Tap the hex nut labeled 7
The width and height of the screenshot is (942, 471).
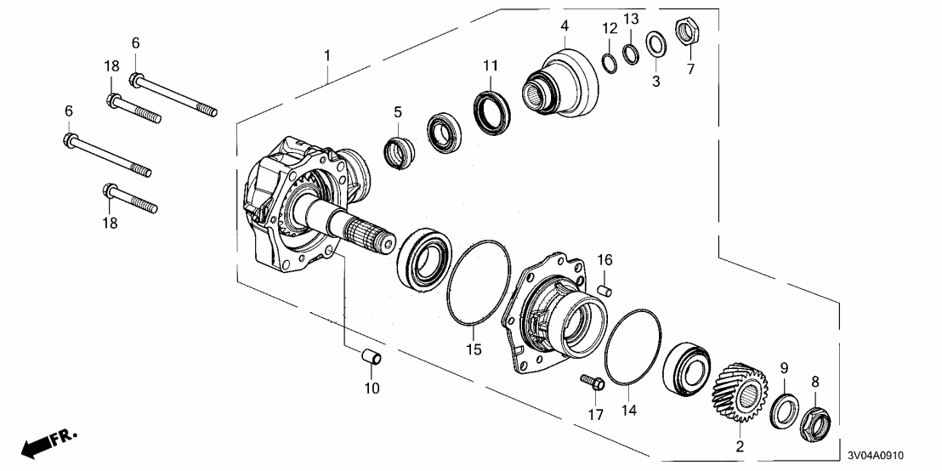click(686, 34)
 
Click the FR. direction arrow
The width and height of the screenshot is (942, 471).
click(48, 443)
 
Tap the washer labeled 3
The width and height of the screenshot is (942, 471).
click(655, 43)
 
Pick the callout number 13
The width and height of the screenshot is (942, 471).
click(630, 19)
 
